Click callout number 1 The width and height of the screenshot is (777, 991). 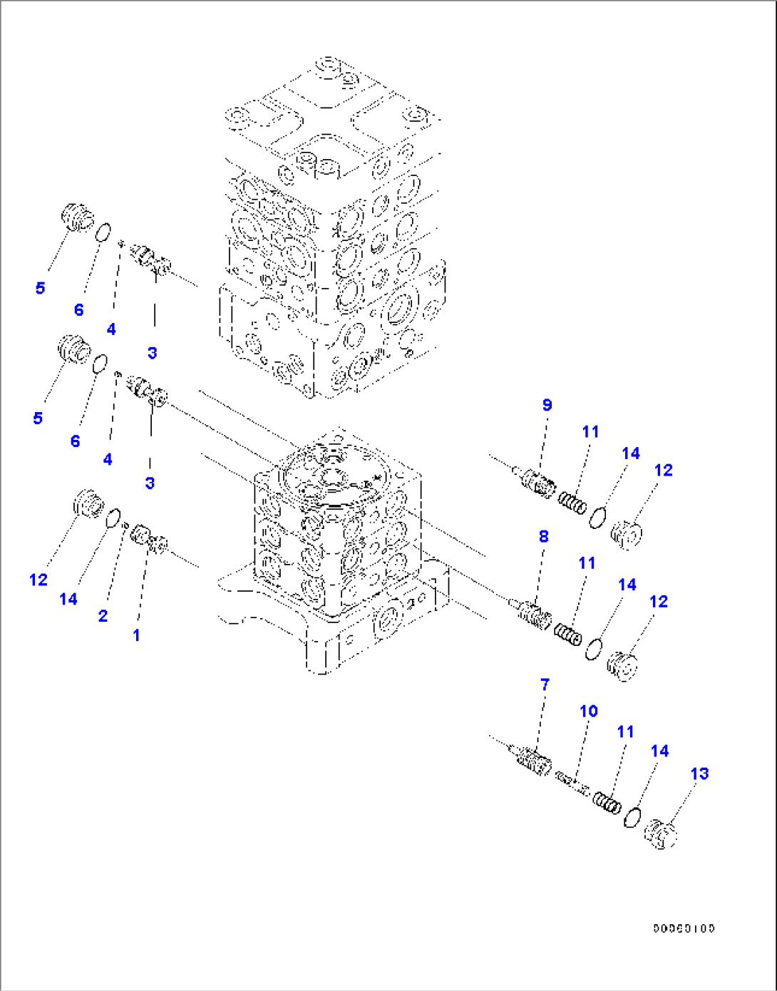[x=136, y=635]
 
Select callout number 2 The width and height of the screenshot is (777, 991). [x=103, y=616]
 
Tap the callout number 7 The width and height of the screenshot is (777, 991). [x=545, y=684]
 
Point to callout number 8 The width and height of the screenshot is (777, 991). [x=543, y=536]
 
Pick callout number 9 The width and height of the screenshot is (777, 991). [x=547, y=405]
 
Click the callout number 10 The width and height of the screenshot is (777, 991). [x=588, y=711]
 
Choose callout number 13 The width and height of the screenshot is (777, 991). [x=699, y=774]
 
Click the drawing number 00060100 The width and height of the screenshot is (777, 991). [x=684, y=928]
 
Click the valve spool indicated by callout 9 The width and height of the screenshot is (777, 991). [x=538, y=481]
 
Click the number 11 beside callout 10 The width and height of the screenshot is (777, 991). [x=625, y=731]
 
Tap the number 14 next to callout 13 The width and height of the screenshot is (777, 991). [x=659, y=751]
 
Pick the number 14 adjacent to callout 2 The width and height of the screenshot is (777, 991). [x=68, y=599]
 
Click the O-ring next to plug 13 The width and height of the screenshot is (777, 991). [x=632, y=817]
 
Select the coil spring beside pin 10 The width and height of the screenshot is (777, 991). [x=607, y=803]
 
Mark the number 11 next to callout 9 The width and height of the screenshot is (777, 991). [x=590, y=431]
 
